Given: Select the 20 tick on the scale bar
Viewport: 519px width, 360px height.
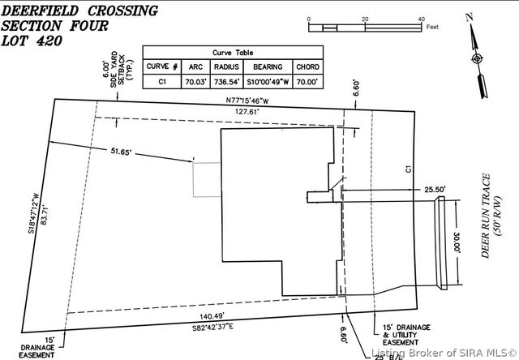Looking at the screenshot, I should (365, 19).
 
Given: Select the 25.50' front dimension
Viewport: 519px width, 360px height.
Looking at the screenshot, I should (413, 189).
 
